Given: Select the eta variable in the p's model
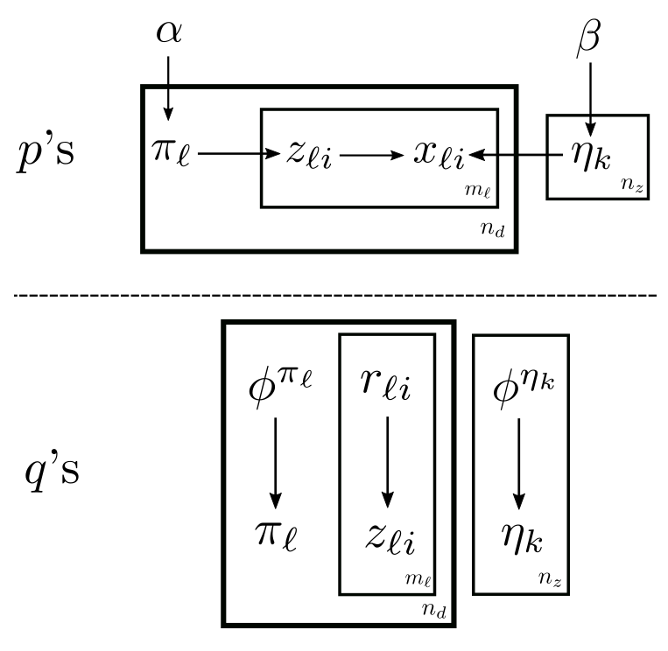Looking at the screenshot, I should [587, 158].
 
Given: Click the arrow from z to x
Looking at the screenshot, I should [369, 156].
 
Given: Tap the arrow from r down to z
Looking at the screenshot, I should [387, 464].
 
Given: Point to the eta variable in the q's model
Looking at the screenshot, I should [520, 535].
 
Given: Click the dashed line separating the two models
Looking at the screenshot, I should [334, 296].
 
